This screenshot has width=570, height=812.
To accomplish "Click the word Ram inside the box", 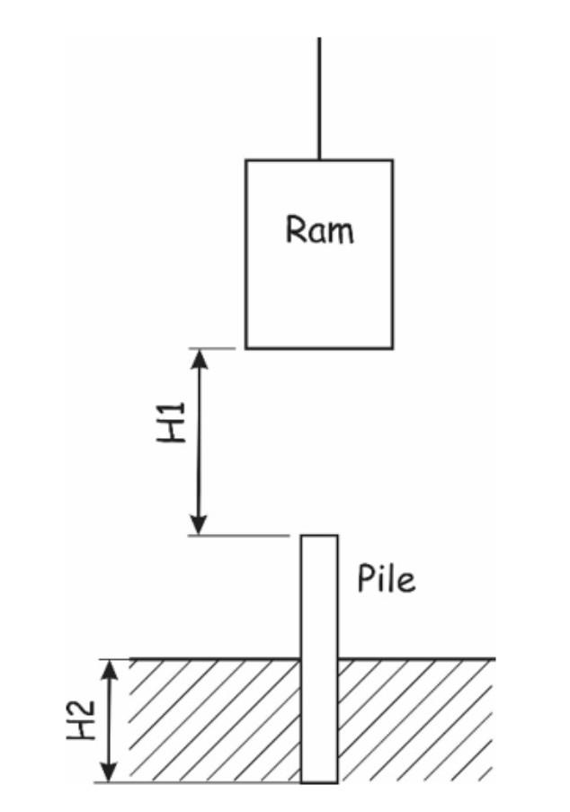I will coord(320,231).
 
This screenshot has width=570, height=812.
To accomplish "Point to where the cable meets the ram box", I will coord(319,160).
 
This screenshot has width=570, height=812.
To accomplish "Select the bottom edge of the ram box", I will coord(319,347).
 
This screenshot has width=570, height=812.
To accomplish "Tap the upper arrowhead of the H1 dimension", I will coord(200,357).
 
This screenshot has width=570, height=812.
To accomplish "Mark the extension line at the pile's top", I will coord(238,536).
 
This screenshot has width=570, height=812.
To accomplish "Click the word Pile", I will coord(387,579).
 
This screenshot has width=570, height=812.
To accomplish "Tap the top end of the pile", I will coord(319,537).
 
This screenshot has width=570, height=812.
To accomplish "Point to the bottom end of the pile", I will coord(319,781).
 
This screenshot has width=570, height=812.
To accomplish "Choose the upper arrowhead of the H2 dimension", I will coord(109,668).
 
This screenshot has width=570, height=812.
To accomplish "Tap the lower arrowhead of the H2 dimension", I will coord(109,773).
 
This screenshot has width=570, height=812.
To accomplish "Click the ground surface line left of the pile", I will coord(216,659).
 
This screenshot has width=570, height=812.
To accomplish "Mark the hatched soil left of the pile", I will coord(216,719).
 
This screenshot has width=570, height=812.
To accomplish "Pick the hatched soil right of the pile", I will coord(414,719).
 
